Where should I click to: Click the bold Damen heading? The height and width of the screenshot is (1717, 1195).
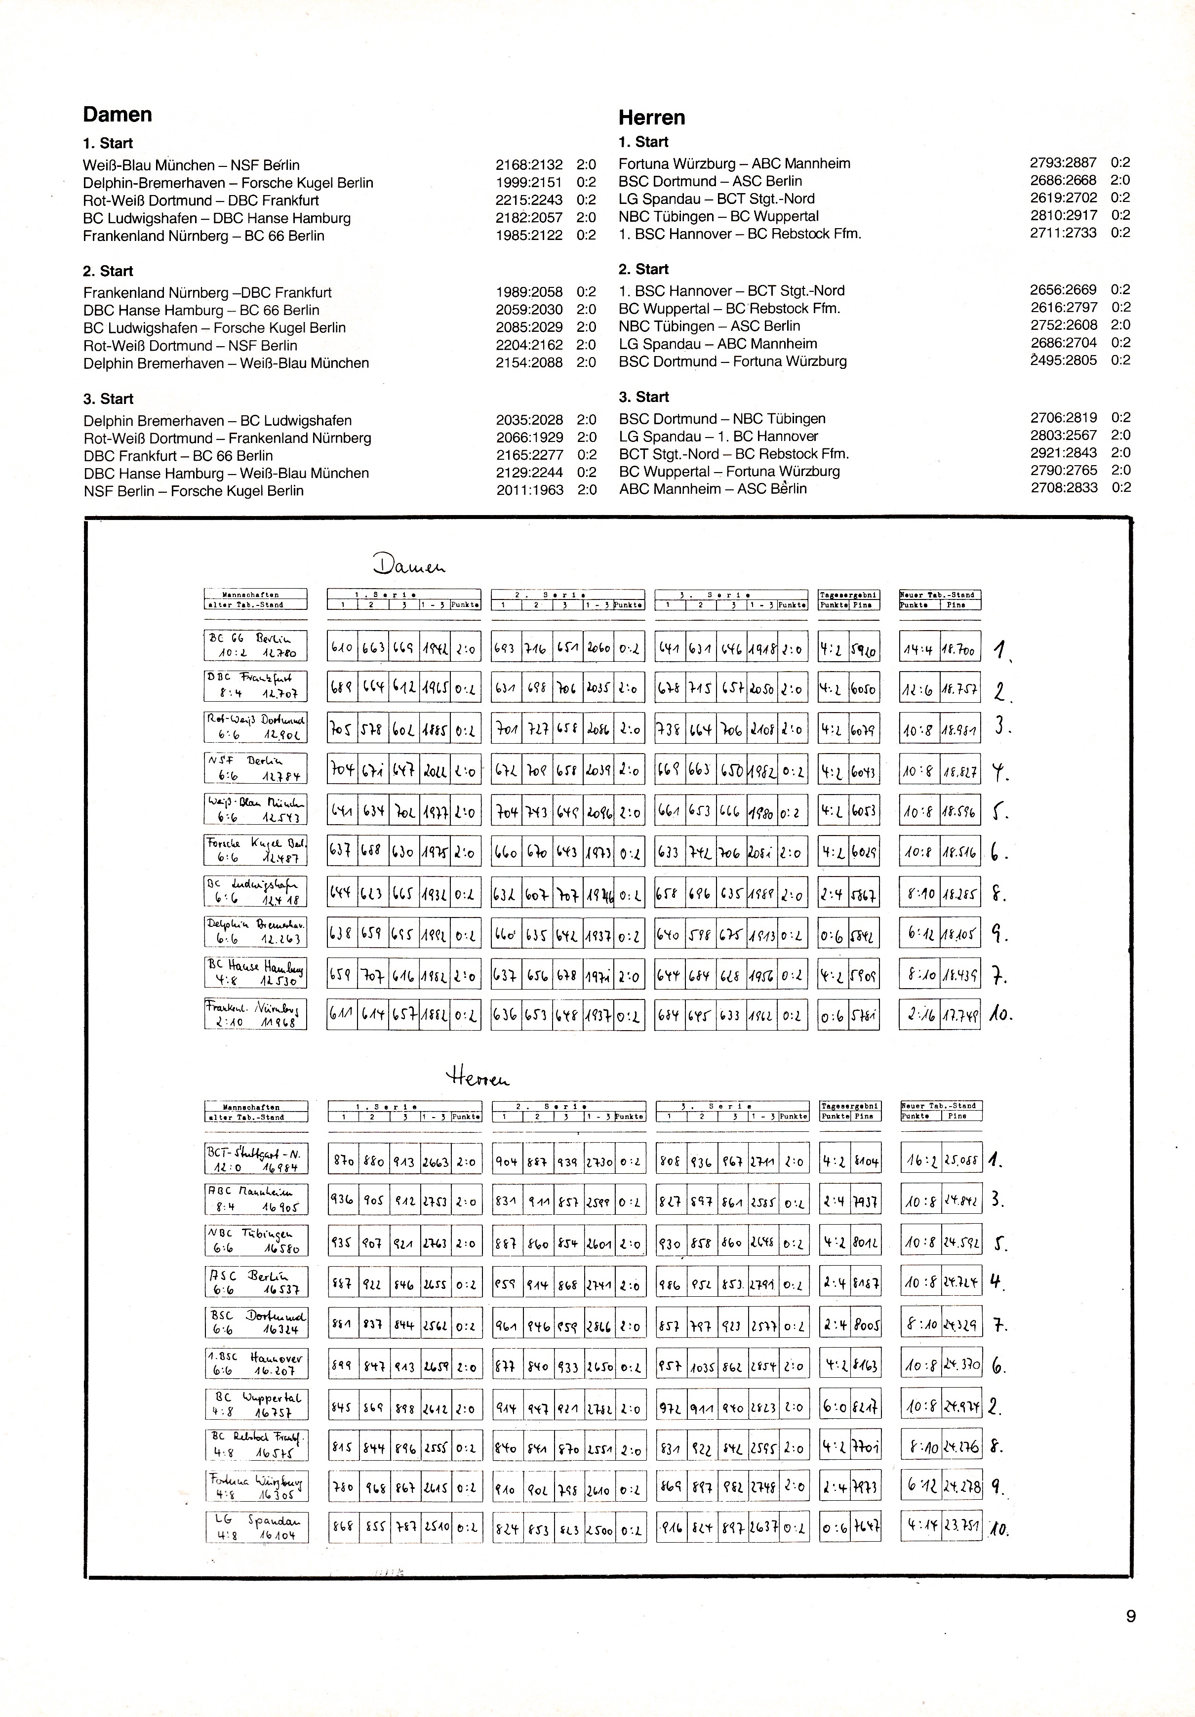[x=118, y=115]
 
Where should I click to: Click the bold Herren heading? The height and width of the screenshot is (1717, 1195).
[x=651, y=118]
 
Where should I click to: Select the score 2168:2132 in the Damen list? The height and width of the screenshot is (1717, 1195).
[x=529, y=164]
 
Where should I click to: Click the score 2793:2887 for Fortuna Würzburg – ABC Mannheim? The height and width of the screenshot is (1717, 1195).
[x=1063, y=162]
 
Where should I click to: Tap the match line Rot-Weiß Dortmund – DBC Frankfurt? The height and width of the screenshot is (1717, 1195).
[x=200, y=200]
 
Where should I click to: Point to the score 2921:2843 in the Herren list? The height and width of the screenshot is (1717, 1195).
[x=1063, y=452]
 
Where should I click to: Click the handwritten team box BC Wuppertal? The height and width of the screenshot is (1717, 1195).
[x=256, y=1405]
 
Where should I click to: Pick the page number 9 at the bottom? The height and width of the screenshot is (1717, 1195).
[x=1130, y=1637]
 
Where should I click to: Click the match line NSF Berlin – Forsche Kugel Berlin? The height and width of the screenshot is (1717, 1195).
[x=193, y=490]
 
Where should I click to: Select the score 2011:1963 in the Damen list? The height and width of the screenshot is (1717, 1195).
[x=529, y=490]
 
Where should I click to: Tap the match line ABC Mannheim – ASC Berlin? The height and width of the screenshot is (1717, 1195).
[x=712, y=488]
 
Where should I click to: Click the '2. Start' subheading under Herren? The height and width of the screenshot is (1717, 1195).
[x=643, y=269]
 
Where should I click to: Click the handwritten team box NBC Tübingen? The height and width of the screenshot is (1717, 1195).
[x=256, y=1240]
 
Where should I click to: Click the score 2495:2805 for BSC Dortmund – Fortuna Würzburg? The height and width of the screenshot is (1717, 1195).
[x=1063, y=360]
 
